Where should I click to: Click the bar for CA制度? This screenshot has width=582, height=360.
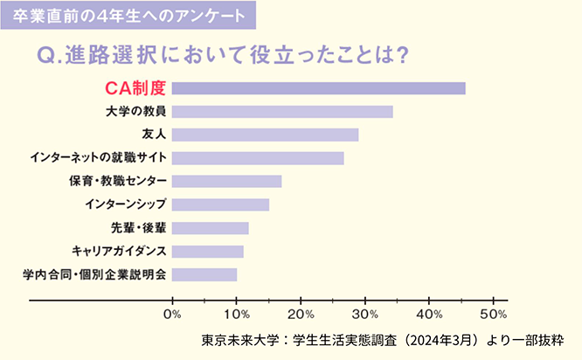(318, 87)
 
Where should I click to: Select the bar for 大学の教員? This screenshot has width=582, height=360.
(282, 111)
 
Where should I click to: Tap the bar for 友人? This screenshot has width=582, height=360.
(265, 135)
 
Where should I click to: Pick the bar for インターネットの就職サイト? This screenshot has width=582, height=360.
(258, 157)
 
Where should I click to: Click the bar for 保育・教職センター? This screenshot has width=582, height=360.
(226, 181)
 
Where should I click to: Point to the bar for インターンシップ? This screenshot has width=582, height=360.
(220, 204)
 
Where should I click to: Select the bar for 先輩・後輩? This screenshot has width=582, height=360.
(210, 228)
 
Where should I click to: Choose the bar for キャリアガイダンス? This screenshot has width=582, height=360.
(207, 252)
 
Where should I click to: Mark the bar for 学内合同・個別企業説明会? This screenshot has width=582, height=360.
(204, 274)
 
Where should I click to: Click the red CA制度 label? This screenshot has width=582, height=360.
(134, 87)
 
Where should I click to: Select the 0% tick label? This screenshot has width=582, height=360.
(173, 314)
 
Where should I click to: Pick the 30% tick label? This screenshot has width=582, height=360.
(365, 314)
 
